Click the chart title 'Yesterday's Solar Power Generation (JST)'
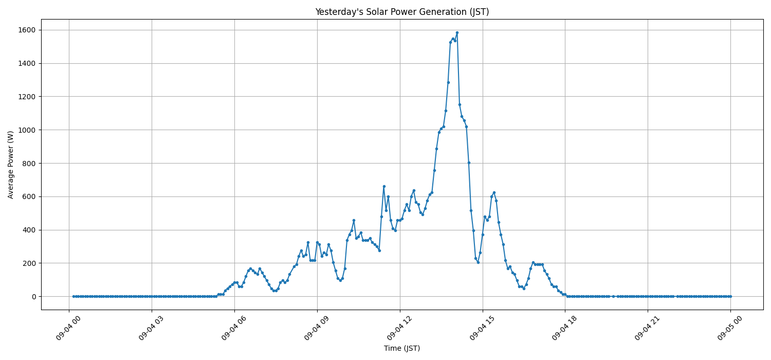402,12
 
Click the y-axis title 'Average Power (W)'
11,165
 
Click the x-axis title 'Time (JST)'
402,348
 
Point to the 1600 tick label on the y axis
27,30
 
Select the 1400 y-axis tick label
27,63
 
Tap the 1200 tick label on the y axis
27,97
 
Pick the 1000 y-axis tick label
27,130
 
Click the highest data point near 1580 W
457,33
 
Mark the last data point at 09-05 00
730,296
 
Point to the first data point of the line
74,296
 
